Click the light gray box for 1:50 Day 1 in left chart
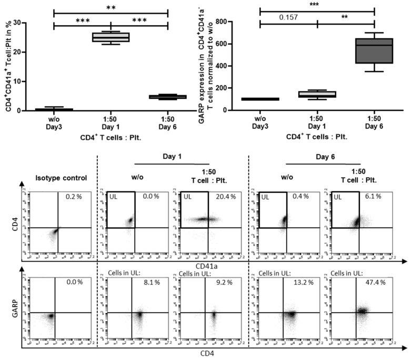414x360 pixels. click(110, 37)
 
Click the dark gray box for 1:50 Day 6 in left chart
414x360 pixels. click(167, 97)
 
